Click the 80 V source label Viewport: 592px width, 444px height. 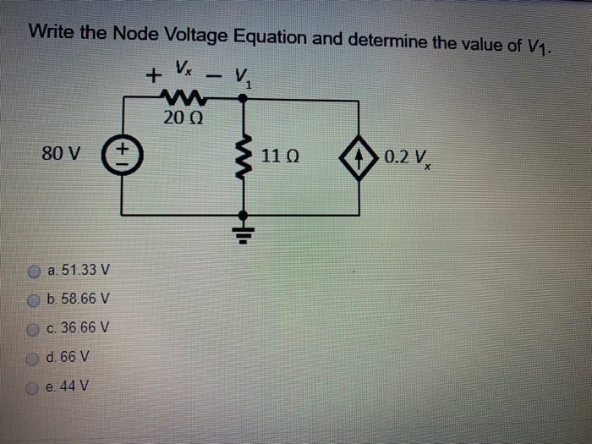tap(61, 155)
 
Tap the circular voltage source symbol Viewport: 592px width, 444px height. tap(122, 156)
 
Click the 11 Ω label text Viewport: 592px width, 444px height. tap(280, 156)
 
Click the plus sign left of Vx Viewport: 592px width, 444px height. tap(153, 76)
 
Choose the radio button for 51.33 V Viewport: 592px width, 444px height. tap(34, 271)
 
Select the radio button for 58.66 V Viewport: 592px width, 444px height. tap(34, 299)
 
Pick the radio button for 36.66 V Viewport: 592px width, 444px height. tap(34, 328)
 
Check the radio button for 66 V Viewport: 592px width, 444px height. tap(34, 357)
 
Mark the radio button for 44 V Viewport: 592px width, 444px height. tap(34, 386)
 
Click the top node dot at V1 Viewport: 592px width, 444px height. tap(244, 98)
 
